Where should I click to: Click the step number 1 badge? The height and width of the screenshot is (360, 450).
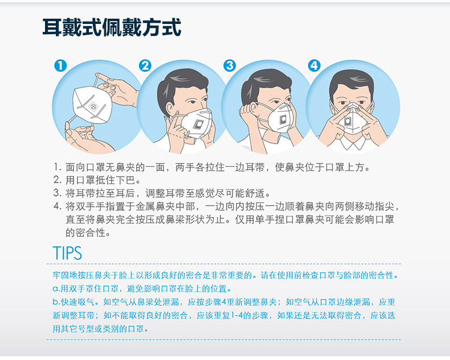(x=60, y=66)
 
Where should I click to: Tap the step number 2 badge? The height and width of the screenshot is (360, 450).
(x=145, y=66)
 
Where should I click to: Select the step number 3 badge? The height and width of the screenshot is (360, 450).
(x=230, y=66)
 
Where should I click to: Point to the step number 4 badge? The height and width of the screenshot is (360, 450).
(x=314, y=66)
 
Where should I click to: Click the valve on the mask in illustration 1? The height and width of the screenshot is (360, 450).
(x=93, y=107)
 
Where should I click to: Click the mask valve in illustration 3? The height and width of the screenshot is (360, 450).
(x=283, y=119)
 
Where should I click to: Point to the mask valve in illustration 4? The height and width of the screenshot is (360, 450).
(x=347, y=121)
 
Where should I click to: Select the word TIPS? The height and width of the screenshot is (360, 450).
(x=67, y=253)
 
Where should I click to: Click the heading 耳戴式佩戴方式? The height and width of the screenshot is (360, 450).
(x=112, y=27)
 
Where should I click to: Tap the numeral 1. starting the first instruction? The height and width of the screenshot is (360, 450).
(x=58, y=167)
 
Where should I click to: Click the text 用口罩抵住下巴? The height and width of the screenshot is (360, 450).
(x=100, y=180)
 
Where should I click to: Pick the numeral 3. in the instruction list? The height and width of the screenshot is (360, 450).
(x=58, y=193)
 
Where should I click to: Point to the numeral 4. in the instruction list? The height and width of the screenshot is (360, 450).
(x=58, y=206)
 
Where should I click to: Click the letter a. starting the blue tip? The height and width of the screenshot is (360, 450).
(x=56, y=289)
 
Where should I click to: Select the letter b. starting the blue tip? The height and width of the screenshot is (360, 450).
(x=56, y=302)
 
